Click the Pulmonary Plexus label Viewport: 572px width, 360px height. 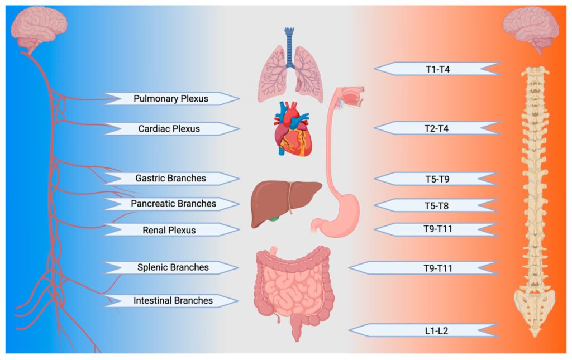(x=171, y=99)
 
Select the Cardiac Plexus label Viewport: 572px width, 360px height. (x=169, y=129)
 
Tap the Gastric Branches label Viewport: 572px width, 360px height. (x=171, y=179)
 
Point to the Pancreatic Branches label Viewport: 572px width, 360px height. (x=173, y=204)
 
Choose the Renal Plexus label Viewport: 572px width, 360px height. (x=169, y=229)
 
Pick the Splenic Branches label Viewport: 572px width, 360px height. (x=173, y=267)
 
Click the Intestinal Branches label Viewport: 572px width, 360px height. (x=173, y=301)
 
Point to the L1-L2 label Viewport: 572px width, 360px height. (x=436, y=330)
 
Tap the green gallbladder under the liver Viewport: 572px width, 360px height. (x=273, y=219)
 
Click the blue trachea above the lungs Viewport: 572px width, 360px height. (x=289, y=41)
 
